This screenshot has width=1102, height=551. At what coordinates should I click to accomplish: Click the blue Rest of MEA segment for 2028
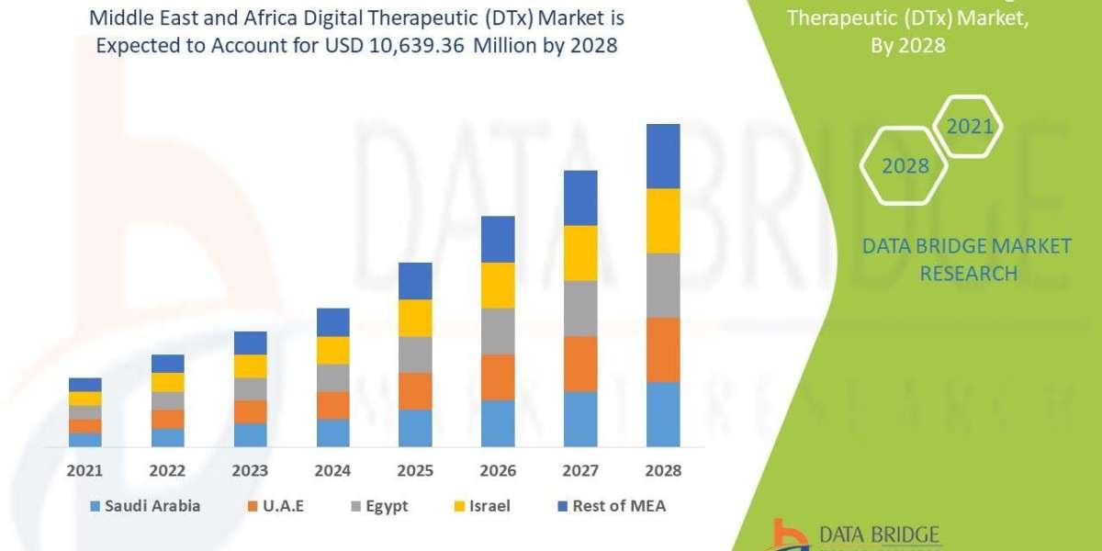point(663,156)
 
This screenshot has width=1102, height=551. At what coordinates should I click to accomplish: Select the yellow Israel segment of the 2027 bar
point(580,253)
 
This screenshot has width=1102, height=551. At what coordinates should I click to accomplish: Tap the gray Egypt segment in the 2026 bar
point(498,331)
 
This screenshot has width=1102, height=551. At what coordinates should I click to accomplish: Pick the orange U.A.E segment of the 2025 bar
point(415,391)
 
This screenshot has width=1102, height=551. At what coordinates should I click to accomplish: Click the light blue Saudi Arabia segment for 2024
point(332,433)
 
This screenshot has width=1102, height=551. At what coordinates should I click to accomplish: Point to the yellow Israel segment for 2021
point(85,399)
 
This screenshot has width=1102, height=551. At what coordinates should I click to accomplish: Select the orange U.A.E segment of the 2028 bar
point(663,350)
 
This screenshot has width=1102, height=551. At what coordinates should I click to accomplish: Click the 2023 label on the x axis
point(251,470)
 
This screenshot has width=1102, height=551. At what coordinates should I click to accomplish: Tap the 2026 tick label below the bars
point(498,470)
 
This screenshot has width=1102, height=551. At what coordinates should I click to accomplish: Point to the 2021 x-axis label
point(85,470)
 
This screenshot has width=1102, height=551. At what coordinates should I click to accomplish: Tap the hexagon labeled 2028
point(905,166)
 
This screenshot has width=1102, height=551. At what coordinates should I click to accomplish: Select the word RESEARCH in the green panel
point(968,273)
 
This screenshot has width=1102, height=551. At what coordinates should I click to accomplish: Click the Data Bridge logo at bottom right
point(855,534)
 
